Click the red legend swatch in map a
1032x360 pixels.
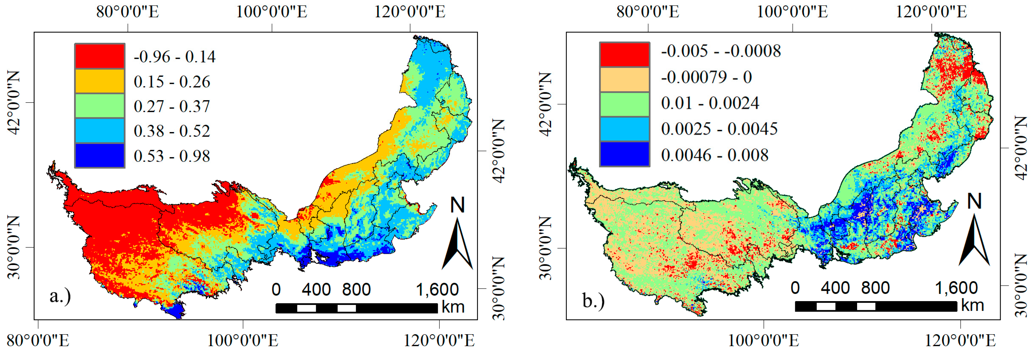point(99,56)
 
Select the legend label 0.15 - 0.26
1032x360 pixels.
point(172,82)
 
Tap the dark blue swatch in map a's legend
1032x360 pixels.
point(99,155)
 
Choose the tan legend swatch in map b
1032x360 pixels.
point(624,79)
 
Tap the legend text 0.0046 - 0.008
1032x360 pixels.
point(715,155)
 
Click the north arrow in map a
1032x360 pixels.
point(458,236)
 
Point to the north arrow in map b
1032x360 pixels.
point(974,232)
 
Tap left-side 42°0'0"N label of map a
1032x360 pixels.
point(14,103)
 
